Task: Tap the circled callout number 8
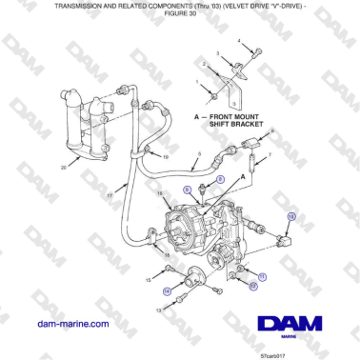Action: coord(221,179)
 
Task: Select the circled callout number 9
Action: coord(188,190)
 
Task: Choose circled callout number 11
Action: coord(263,275)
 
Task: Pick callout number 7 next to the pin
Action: coord(270,153)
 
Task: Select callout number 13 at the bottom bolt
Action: coord(156,310)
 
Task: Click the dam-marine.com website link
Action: coord(70,324)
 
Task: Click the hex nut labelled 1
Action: coord(218,93)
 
